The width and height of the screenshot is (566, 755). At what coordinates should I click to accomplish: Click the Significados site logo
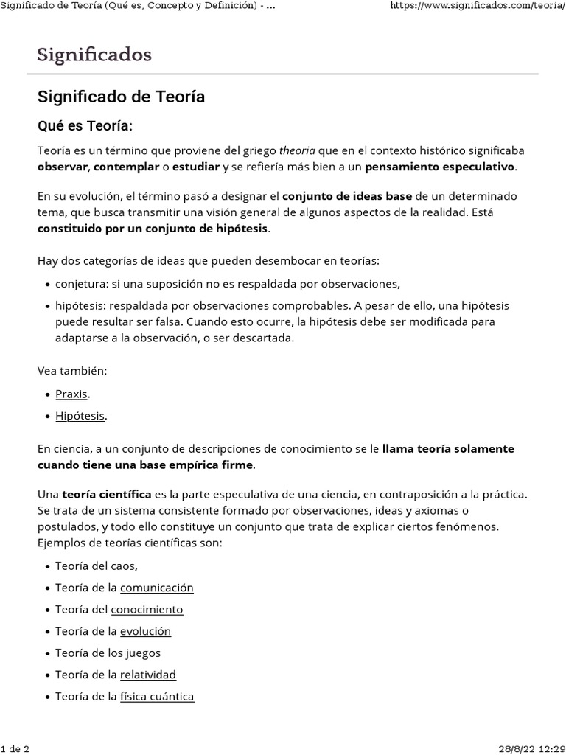tap(94, 55)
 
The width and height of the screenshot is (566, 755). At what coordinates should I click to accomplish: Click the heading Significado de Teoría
tap(121, 97)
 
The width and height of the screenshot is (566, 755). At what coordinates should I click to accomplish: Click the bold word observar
tap(63, 167)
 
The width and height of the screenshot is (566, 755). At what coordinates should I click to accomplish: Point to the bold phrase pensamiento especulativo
tap(440, 167)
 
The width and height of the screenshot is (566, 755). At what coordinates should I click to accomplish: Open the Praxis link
tap(71, 394)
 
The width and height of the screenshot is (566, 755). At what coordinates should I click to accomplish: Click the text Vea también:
tap(72, 371)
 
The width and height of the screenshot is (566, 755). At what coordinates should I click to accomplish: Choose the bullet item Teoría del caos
tap(97, 566)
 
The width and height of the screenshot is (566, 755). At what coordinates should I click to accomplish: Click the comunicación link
tap(156, 588)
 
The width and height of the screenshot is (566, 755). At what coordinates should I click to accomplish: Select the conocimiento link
tap(147, 610)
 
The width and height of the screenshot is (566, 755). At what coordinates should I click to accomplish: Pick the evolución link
tap(145, 631)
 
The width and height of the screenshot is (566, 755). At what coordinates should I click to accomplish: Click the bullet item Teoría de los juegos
tap(108, 653)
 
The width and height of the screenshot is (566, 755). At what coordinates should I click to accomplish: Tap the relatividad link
tap(148, 675)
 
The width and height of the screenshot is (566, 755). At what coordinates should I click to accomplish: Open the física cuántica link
tap(157, 696)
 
